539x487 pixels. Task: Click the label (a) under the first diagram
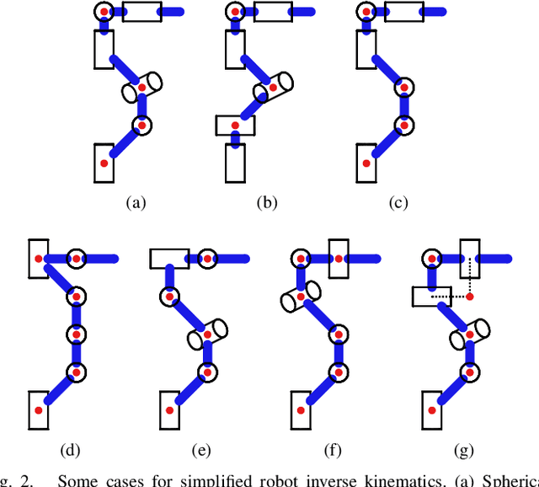pos(136,202)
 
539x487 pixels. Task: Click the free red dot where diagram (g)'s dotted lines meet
pos(469,297)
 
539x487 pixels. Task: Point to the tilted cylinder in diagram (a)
pos(141,86)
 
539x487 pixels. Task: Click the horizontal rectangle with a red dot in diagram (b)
pos(235,126)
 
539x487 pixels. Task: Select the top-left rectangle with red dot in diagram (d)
pos(38,258)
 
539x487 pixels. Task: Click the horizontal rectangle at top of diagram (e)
pos(169,258)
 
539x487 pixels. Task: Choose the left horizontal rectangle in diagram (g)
pos(432,297)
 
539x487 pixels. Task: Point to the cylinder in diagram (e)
pos(207,334)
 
